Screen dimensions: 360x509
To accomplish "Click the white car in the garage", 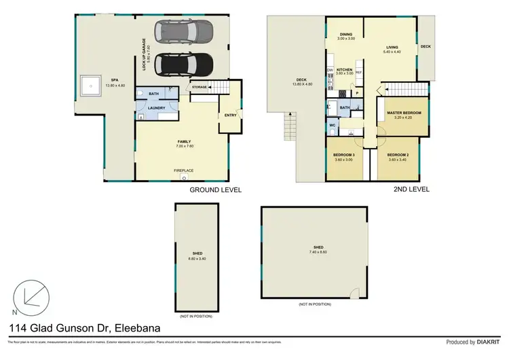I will click(x=183, y=31).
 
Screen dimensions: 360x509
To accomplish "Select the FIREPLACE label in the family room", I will click(x=183, y=170).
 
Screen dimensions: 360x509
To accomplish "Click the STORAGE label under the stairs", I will click(x=199, y=88).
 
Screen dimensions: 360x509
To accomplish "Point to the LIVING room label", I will click(x=393, y=48).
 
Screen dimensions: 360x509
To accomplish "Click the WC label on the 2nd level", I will click(x=333, y=126).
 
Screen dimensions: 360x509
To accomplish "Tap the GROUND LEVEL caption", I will click(x=215, y=190).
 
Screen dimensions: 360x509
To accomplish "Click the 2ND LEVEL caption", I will click(x=411, y=190).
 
